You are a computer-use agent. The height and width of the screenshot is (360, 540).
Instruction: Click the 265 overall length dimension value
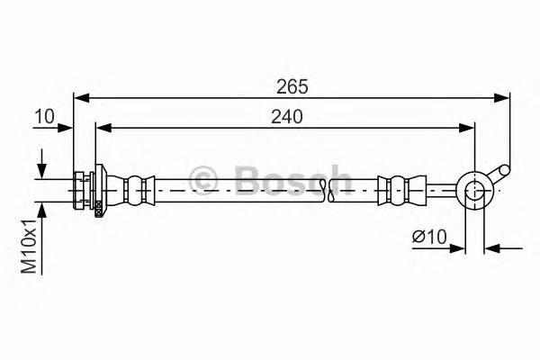point(292,86)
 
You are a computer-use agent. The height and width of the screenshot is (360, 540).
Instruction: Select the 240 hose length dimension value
point(285,116)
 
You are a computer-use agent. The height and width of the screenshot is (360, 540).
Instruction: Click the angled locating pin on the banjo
point(499,172)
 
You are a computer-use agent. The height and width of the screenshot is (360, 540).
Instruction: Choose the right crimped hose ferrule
point(397,188)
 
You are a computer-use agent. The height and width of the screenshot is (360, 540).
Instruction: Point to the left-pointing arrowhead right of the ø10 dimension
point(491,247)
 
